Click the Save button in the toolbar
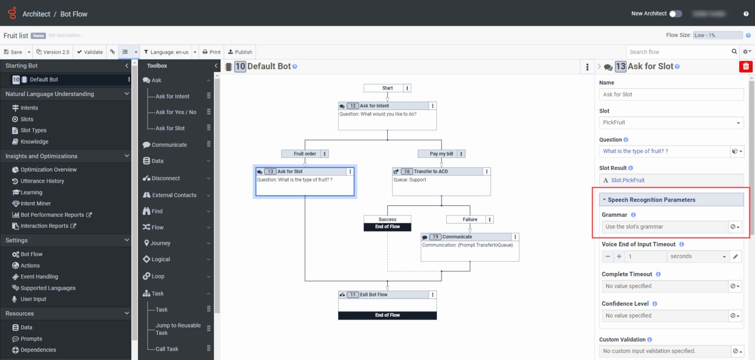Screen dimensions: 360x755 click(13, 52)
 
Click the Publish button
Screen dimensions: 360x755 click(240, 52)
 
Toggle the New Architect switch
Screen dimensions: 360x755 click(676, 14)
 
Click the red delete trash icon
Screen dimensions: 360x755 click(746, 66)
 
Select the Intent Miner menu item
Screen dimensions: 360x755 click(35, 204)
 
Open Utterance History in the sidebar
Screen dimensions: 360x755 click(42, 181)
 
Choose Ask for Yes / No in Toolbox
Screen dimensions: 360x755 click(175, 112)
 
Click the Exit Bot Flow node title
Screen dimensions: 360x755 click(374, 295)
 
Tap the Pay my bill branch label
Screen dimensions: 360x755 click(441, 154)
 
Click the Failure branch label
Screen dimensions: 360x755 click(469, 219)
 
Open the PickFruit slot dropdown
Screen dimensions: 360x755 click(671, 122)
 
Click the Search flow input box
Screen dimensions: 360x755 click(678, 52)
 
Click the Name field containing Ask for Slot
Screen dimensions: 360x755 click(671, 94)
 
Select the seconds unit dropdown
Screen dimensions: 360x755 click(697, 256)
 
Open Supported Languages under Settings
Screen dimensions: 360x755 click(48, 288)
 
